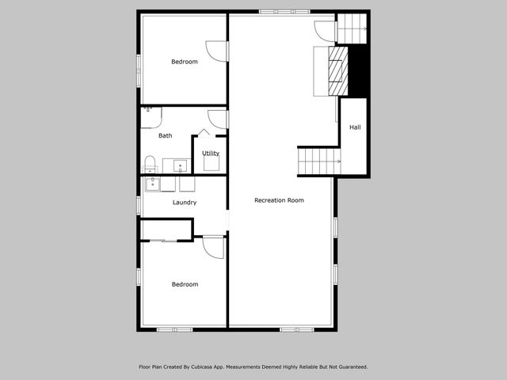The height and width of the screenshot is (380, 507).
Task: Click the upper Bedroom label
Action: pyautogui.click(x=185, y=62)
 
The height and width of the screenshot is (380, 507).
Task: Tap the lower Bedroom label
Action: pyautogui.click(x=185, y=284)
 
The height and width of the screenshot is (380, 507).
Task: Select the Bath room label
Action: pyautogui.click(x=166, y=135)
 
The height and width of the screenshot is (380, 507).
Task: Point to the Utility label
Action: pyautogui.click(x=211, y=153)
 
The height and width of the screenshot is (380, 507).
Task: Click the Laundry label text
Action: pyautogui.click(x=185, y=203)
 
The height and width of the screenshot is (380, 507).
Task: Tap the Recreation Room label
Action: pyautogui.click(x=279, y=200)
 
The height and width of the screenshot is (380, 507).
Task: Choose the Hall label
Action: pyautogui.click(x=355, y=127)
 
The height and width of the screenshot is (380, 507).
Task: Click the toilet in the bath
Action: pyautogui.click(x=149, y=165)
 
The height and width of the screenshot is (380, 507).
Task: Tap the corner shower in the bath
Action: pyautogui.click(x=151, y=116)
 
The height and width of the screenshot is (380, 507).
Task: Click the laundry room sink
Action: pyautogui.click(x=151, y=184)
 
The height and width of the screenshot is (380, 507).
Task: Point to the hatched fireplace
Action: pyautogui.click(x=338, y=71)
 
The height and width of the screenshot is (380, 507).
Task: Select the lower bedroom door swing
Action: pyautogui.click(x=213, y=246)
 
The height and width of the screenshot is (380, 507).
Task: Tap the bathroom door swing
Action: pyautogui.click(x=217, y=119)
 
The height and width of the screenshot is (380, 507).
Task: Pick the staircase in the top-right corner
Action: pyautogui.click(x=353, y=28)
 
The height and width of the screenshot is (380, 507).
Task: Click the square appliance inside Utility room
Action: pyautogui.click(x=212, y=163)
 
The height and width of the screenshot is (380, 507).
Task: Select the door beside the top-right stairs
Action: pyautogui.click(x=325, y=30)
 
